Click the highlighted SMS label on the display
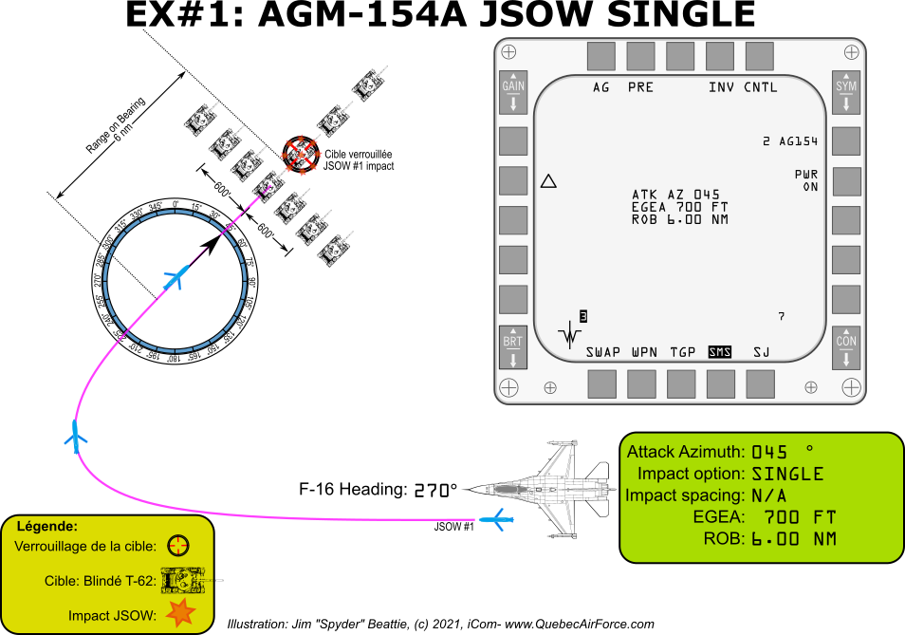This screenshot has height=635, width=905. [720, 352]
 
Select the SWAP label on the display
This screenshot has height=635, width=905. [602, 352]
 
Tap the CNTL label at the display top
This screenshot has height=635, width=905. [761, 87]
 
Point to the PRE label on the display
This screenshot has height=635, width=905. [640, 87]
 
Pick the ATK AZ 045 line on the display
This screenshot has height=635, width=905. [675, 195]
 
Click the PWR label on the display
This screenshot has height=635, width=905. [806, 175]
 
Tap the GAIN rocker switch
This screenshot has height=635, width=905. [513, 93]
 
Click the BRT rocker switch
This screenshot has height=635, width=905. [513, 347]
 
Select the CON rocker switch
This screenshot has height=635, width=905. [846, 347]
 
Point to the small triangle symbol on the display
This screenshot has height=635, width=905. [548, 181]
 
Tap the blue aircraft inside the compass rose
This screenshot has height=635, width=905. [175, 278]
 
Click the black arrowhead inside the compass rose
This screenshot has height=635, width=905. [212, 242]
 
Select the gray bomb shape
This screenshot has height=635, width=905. [510, 489]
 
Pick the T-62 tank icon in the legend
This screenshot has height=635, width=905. [182, 579]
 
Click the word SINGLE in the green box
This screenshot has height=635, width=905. [787, 474]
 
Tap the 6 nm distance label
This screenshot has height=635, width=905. [123, 135]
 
